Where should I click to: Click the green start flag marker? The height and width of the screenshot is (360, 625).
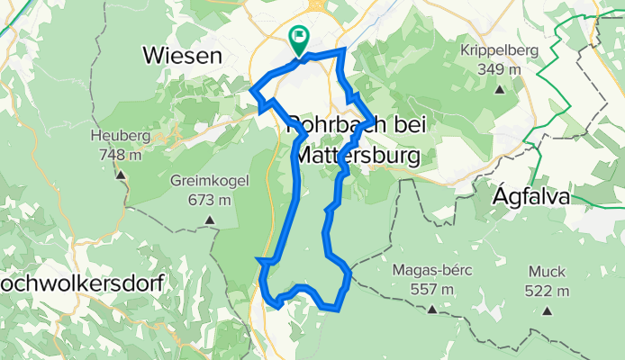pyautogui.click(x=298, y=38)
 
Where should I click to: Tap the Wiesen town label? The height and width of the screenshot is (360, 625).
pyautogui.click(x=182, y=56)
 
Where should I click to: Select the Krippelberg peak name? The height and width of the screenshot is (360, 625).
pyautogui.click(x=498, y=50)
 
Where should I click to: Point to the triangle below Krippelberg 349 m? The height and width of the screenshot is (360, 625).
pyautogui.click(x=498, y=89)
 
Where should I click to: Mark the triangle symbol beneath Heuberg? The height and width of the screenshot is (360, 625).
pyautogui.click(x=118, y=175)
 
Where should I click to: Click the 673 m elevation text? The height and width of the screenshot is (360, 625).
pyautogui.click(x=208, y=199)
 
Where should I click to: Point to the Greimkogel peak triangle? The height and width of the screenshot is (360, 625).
pyautogui.click(x=210, y=219)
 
